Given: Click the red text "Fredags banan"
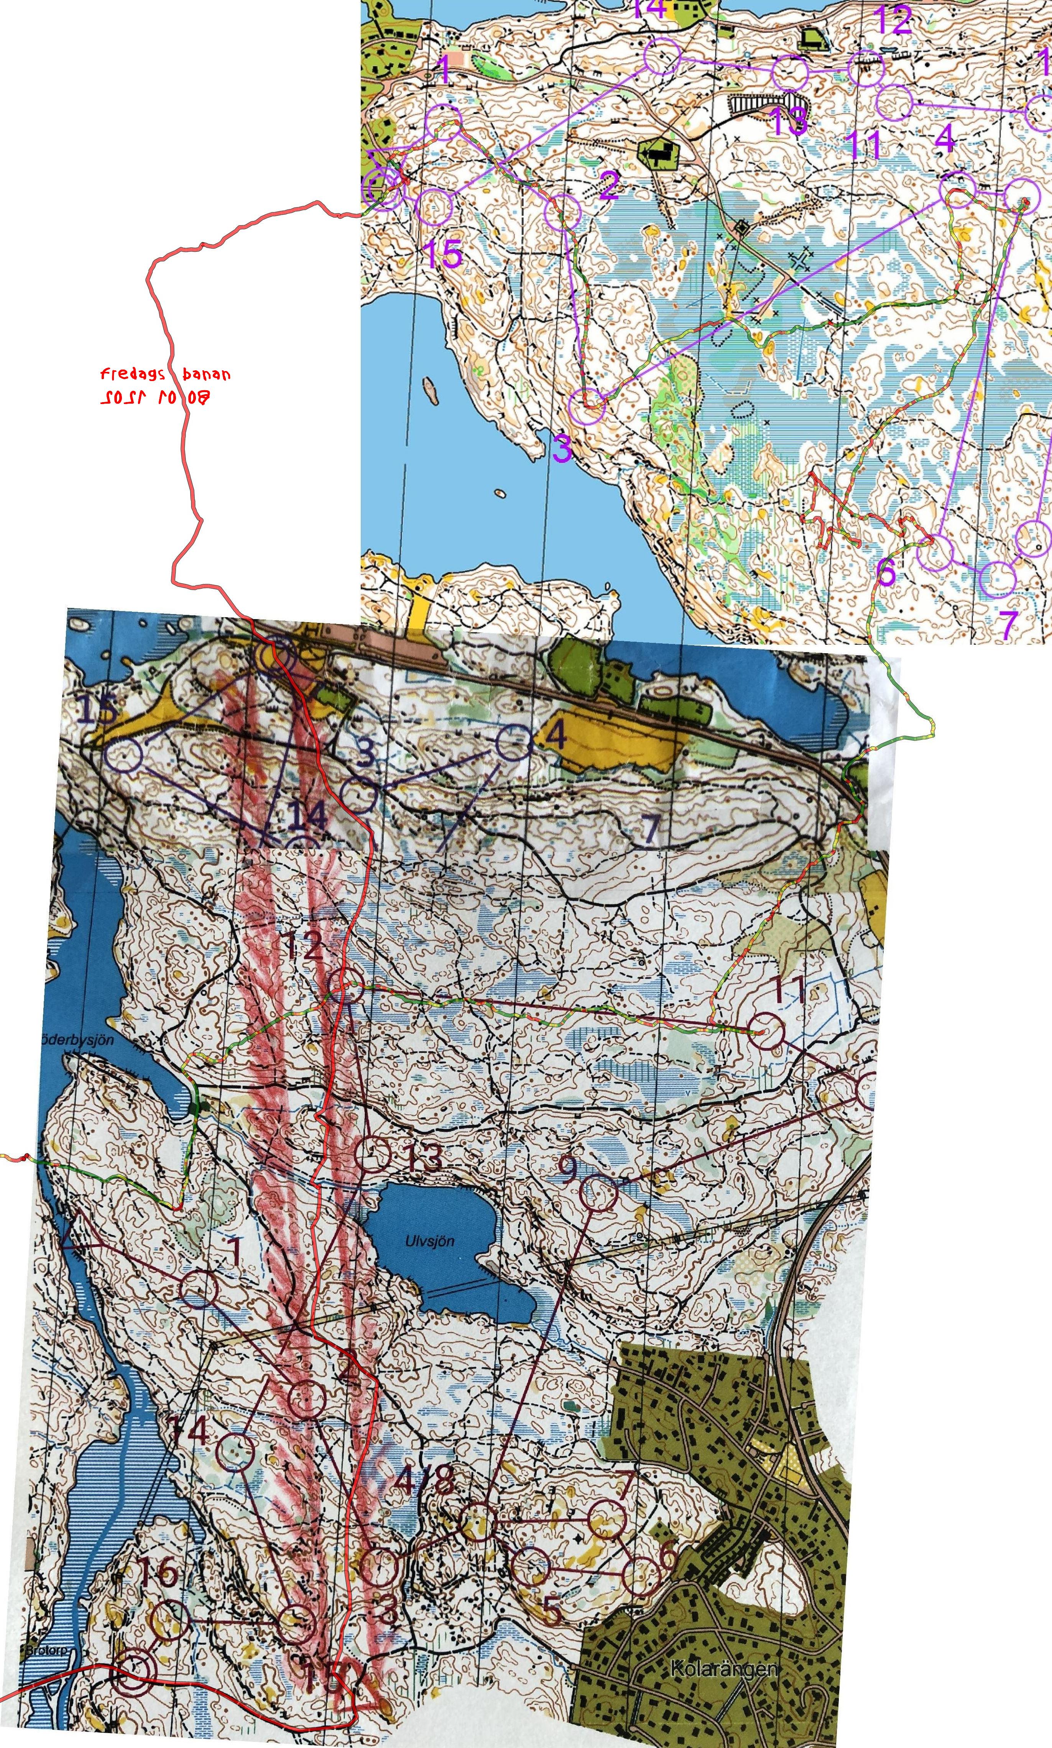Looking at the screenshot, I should click(164, 374).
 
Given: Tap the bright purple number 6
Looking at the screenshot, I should click(886, 571).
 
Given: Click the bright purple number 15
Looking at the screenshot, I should click(443, 253).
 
